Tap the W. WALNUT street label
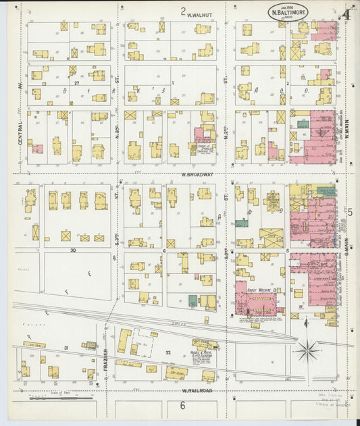point(199,14)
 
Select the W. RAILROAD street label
point(197,390)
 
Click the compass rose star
point(308,350)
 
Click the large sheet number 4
point(346,14)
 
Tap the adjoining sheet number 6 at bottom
point(182,405)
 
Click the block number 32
point(170,352)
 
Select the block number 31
point(66,348)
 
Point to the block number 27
point(78,84)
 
